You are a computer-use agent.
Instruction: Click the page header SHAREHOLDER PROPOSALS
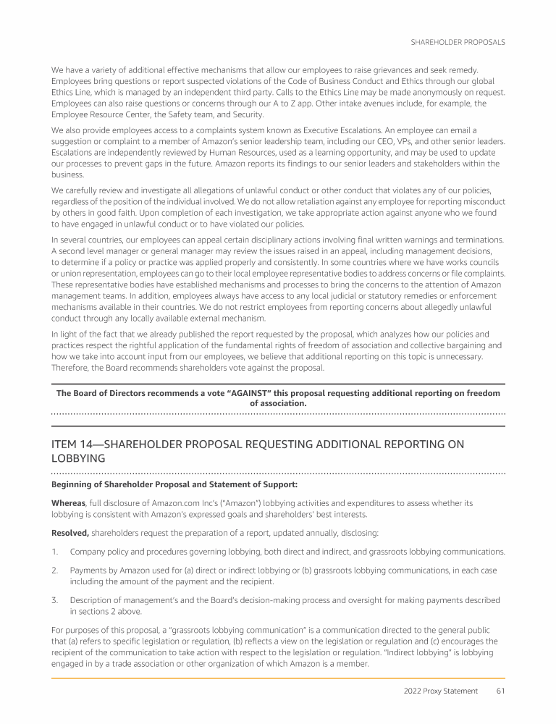coord(458,42)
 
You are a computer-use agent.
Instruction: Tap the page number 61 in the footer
coord(500,691)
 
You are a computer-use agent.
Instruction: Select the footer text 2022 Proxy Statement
coord(440,691)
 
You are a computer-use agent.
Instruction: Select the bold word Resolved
coord(70,533)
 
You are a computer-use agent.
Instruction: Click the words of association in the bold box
coord(278,403)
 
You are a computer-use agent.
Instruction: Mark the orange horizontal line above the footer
coord(278,678)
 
